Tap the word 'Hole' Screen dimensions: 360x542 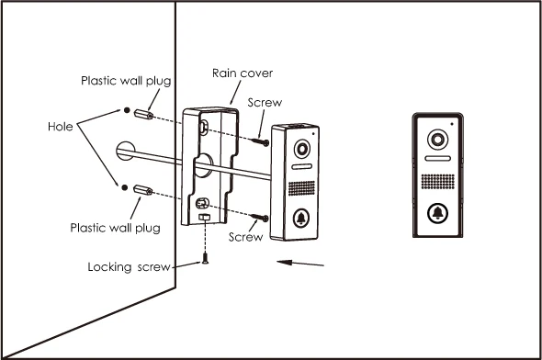(60, 127)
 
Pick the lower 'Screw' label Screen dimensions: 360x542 (245, 237)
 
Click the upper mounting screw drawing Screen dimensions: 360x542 (263, 141)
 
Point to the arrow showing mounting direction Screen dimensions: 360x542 (300, 264)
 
